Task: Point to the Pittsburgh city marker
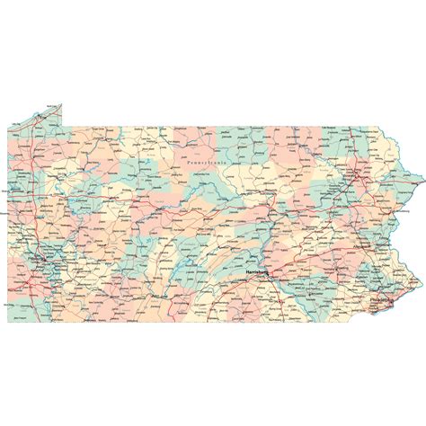40,261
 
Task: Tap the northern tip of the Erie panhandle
61,105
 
